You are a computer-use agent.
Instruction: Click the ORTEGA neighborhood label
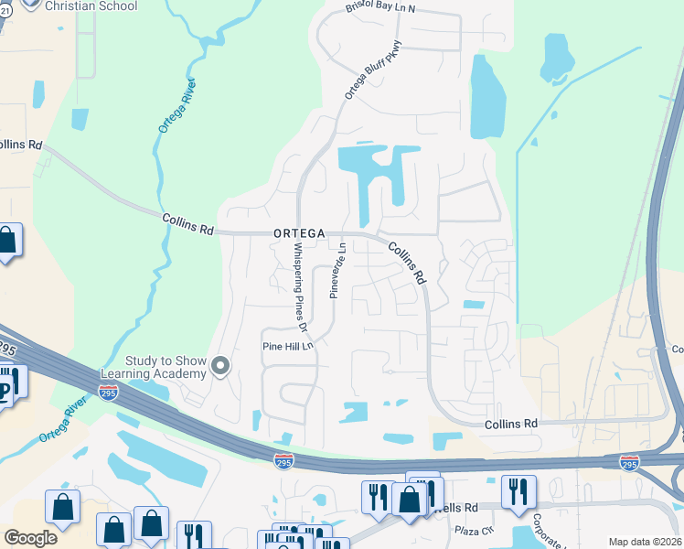click(x=299, y=234)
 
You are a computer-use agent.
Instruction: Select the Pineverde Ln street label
click(x=336, y=267)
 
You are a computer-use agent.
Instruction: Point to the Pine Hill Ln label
click(x=288, y=347)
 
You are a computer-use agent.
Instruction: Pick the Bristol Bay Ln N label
click(x=380, y=8)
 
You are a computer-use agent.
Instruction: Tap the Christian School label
click(x=91, y=6)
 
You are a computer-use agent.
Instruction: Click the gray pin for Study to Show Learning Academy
click(x=219, y=367)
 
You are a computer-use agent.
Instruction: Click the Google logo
click(x=30, y=538)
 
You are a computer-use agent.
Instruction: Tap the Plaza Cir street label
click(x=476, y=530)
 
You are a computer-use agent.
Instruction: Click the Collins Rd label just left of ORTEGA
click(x=187, y=224)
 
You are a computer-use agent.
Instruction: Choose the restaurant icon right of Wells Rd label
click(x=518, y=490)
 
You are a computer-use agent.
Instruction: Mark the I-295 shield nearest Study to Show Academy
click(x=109, y=393)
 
